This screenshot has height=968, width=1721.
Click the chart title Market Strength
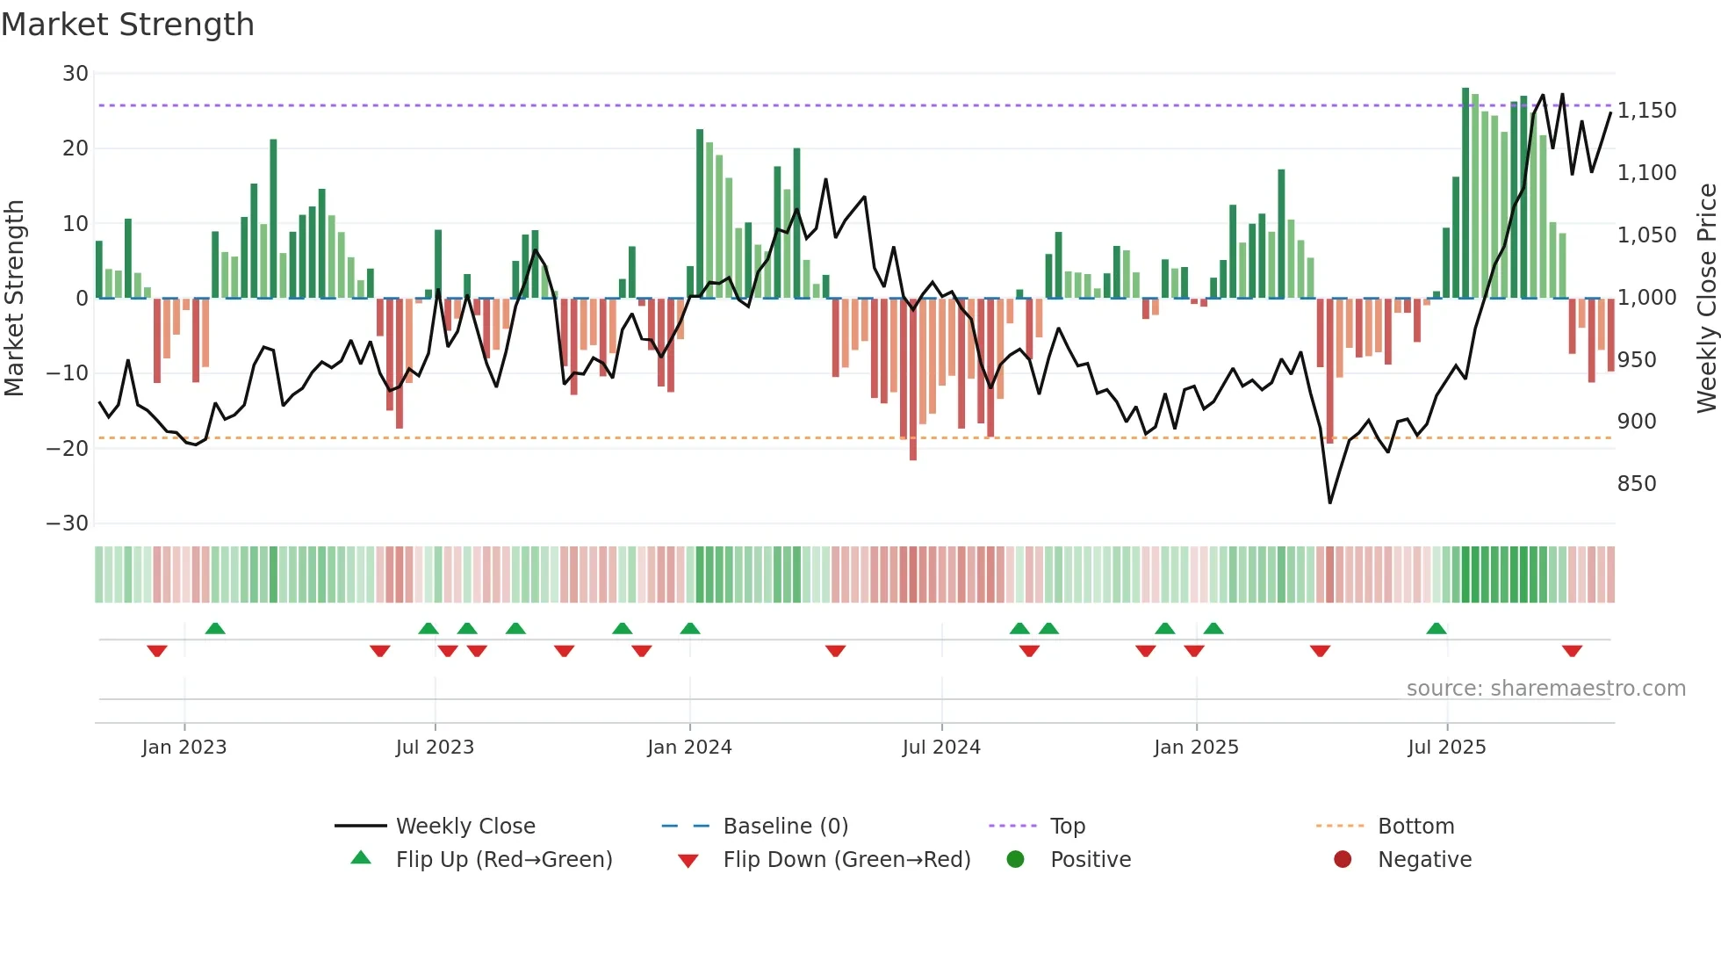(x=127, y=25)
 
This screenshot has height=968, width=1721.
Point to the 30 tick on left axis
(x=76, y=74)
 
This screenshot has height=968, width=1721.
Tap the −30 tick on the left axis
(x=68, y=524)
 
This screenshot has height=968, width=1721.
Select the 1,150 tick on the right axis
(x=1646, y=111)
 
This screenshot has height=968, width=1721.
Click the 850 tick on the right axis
(x=1637, y=484)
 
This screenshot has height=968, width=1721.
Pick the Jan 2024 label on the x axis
(x=689, y=748)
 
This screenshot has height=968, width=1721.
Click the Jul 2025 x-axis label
(x=1446, y=748)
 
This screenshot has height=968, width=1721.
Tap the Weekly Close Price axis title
(x=1706, y=299)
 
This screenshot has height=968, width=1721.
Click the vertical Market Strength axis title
(x=14, y=299)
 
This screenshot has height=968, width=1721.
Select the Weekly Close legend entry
(x=464, y=827)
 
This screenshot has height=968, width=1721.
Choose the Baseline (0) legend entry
(x=785, y=827)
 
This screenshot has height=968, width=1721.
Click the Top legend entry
(x=1067, y=827)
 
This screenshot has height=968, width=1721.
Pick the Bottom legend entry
(x=1415, y=827)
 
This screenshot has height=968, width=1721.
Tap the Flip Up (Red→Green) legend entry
(x=503, y=860)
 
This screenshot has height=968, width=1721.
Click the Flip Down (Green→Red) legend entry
(x=846, y=860)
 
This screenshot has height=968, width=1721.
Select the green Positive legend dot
(x=1015, y=860)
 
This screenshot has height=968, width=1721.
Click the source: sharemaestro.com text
(x=1545, y=689)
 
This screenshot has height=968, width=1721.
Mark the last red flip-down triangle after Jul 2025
(x=1572, y=651)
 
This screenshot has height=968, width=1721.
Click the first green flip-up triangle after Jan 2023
(x=215, y=628)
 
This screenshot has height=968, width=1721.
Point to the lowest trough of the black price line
(x=1329, y=502)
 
